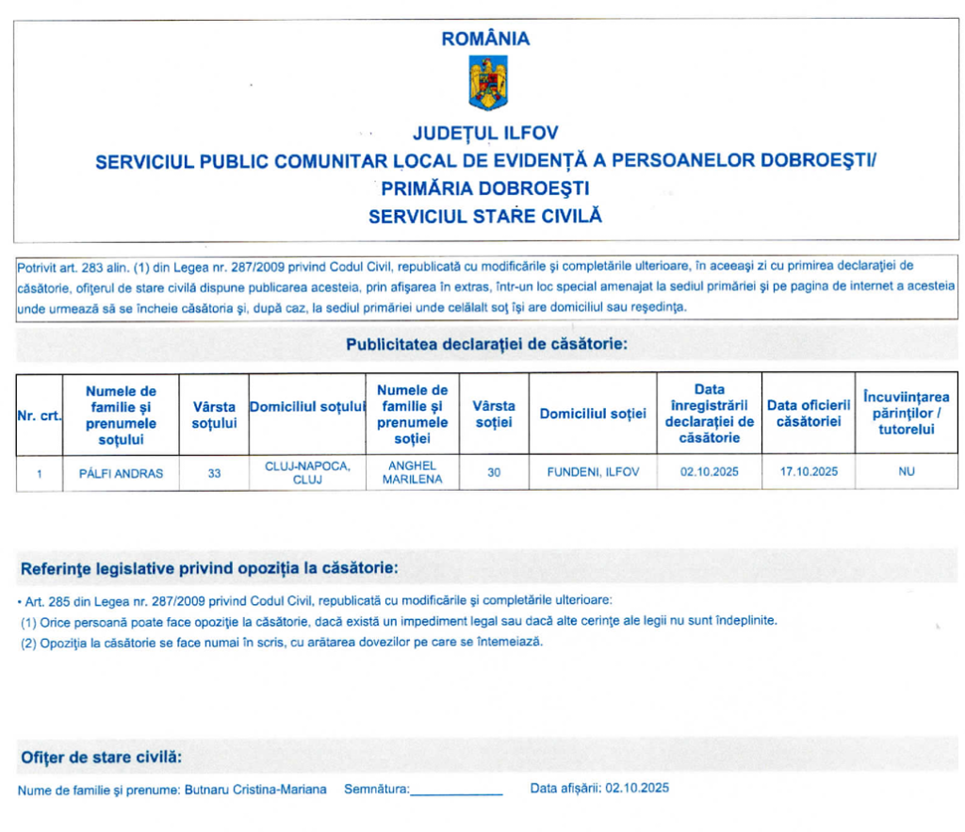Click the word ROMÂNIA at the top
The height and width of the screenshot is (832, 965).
pyautogui.click(x=485, y=40)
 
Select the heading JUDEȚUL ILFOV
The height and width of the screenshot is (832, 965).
pyautogui.click(x=484, y=133)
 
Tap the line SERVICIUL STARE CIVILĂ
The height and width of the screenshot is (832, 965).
pyautogui.click(x=484, y=216)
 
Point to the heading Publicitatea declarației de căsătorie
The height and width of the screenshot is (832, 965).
pyautogui.click(x=486, y=344)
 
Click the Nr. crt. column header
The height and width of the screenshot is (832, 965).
pyautogui.click(x=39, y=416)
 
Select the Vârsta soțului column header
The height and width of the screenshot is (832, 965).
pyautogui.click(x=215, y=416)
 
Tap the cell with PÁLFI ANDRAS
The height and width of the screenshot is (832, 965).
pyautogui.click(x=121, y=473)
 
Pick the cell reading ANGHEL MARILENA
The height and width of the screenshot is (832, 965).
pyautogui.click(x=412, y=473)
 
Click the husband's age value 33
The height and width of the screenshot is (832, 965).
pyautogui.click(x=215, y=473)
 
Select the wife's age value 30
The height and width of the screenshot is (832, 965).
pyautogui.click(x=494, y=473)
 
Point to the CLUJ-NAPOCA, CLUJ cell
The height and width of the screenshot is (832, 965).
pyautogui.click(x=307, y=473)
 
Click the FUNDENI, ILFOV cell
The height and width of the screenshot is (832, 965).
pyautogui.click(x=593, y=473)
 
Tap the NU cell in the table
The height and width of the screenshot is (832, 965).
pyautogui.click(x=907, y=473)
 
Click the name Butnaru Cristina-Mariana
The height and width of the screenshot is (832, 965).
pyautogui.click(x=254, y=789)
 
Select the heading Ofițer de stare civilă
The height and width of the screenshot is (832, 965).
pyautogui.click(x=101, y=757)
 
